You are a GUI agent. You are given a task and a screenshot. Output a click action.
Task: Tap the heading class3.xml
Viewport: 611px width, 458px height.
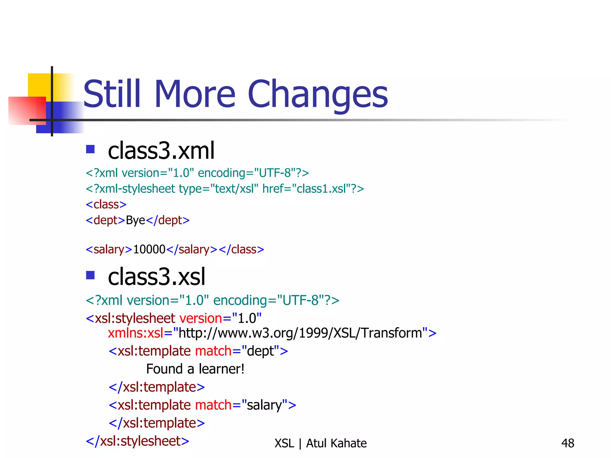click(161, 151)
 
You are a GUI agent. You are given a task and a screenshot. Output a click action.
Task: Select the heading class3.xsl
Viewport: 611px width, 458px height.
click(157, 277)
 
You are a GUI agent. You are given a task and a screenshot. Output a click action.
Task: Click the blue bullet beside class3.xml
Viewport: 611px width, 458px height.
click(90, 149)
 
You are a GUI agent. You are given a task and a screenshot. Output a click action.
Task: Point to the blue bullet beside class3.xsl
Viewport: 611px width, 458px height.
click(90, 275)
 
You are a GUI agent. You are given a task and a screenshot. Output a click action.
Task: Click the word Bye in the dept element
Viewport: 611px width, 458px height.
click(135, 220)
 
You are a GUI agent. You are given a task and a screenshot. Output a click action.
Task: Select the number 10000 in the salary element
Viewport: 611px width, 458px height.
click(149, 249)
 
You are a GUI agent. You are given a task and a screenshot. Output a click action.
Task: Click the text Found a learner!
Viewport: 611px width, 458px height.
click(195, 369)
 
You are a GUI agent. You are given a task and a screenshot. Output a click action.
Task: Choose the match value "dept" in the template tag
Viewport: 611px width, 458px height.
click(260, 351)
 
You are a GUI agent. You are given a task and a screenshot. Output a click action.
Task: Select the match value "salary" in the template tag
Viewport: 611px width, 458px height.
click(265, 405)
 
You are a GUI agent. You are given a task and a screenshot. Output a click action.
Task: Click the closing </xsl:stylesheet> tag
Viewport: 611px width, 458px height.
click(138, 441)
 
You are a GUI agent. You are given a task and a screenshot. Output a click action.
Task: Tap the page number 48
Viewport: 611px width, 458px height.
click(568, 443)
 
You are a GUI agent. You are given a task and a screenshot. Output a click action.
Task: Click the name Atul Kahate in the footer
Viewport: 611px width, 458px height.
click(337, 443)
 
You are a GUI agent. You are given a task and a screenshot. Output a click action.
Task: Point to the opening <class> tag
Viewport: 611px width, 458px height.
click(106, 205)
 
